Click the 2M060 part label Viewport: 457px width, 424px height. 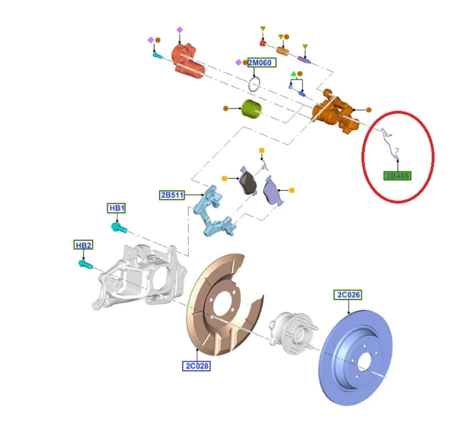tap(262, 62)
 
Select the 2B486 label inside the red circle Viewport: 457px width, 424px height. tap(397, 176)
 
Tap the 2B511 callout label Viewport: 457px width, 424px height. tap(172, 195)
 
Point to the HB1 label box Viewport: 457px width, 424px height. tap(116, 208)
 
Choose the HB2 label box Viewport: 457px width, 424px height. tap(83, 245)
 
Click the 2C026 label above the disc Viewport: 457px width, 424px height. tap(348, 295)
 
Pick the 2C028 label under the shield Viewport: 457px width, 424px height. tap(196, 366)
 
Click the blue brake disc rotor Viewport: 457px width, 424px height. tap(356, 358)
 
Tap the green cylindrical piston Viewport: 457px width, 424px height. tap(251, 109)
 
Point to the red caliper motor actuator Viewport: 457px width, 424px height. tap(188, 61)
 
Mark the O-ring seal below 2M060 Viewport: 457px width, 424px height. tap(254, 84)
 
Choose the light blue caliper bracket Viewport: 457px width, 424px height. tap(214, 212)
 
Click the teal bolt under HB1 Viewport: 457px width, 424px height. tap(119, 228)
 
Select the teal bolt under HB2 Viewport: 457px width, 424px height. tap(86, 264)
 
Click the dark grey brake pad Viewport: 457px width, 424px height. tap(247, 183)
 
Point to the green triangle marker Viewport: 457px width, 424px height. tap(294, 74)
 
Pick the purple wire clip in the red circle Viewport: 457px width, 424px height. tap(390, 145)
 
